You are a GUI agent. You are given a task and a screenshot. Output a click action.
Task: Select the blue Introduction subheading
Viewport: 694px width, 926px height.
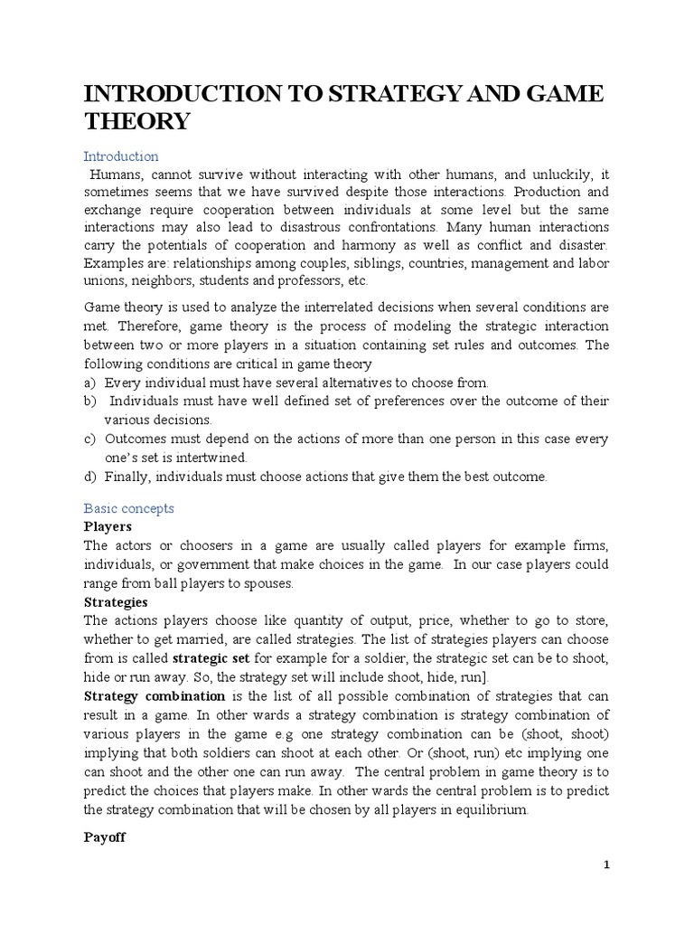(x=121, y=156)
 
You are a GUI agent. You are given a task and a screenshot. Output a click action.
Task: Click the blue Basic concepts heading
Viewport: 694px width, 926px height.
(x=129, y=508)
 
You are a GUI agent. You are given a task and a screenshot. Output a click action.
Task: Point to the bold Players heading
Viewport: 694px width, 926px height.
(x=108, y=526)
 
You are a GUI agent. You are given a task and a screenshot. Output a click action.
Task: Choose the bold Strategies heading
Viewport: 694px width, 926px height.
(x=116, y=601)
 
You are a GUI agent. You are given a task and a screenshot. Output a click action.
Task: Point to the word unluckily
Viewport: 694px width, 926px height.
(x=550, y=175)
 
